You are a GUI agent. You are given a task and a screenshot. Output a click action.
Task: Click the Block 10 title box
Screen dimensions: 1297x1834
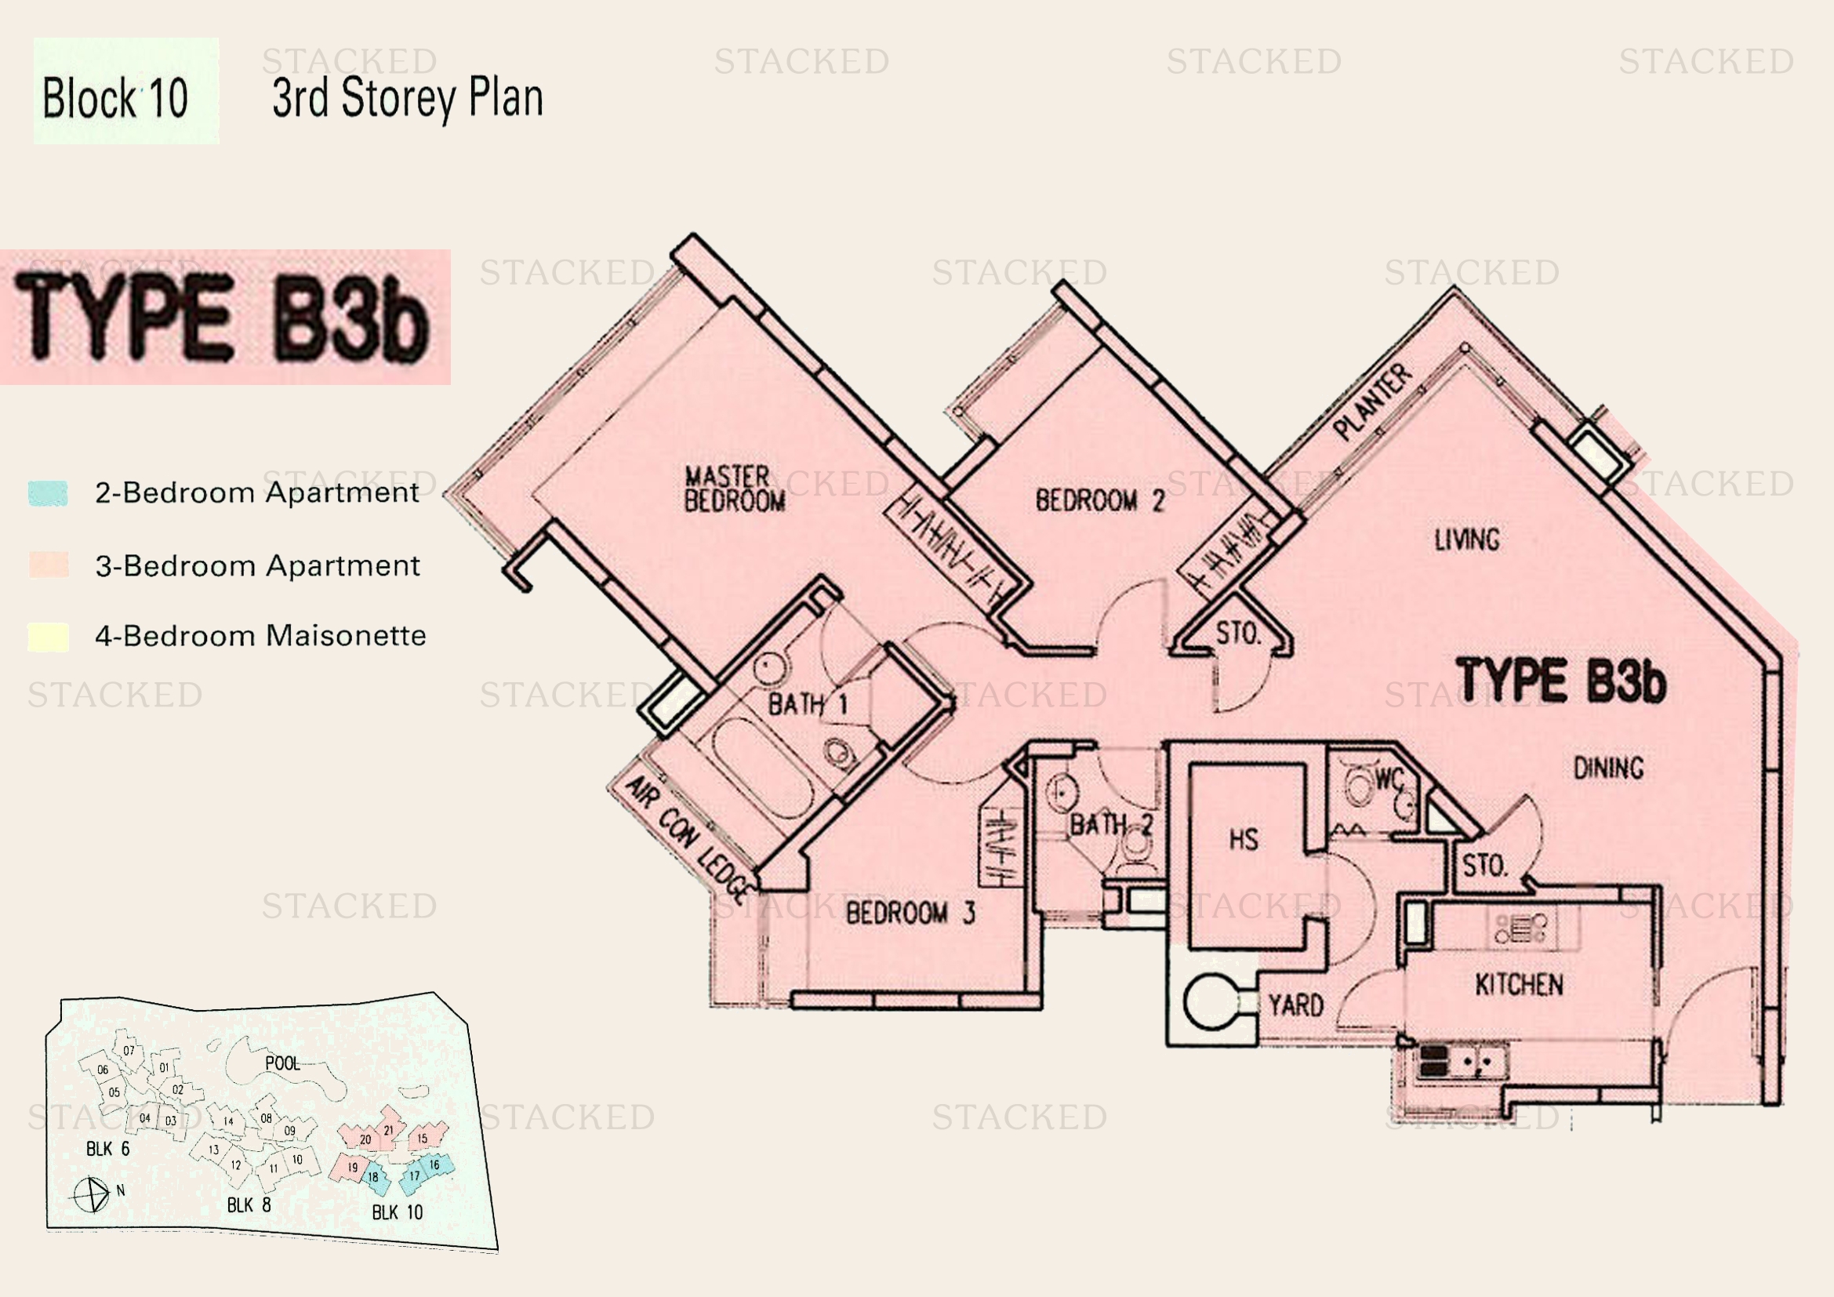pos(125,90)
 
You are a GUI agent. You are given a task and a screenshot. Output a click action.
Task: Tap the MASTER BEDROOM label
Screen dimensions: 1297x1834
pos(734,488)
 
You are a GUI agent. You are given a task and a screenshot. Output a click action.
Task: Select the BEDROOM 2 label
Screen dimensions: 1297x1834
pos(1099,500)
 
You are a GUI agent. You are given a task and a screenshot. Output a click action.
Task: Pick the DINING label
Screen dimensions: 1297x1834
pos(1608,768)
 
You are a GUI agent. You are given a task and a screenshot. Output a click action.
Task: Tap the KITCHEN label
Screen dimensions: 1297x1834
pos(1519,985)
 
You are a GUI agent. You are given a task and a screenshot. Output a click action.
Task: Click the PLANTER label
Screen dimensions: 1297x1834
pos(1372,401)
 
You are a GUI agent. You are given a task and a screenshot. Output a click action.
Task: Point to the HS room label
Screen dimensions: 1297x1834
pos(1243,838)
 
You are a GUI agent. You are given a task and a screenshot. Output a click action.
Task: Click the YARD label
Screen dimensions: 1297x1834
pos(1295,1005)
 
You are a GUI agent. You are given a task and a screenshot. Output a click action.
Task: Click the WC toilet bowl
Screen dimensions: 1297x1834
pos(1359,786)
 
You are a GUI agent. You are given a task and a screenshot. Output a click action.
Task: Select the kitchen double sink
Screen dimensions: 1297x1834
pos(1476,1062)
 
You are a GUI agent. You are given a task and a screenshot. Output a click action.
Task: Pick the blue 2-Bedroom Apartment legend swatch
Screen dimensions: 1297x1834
pos(48,492)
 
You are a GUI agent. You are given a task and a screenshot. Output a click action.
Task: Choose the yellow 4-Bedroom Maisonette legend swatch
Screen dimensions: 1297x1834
pos(48,637)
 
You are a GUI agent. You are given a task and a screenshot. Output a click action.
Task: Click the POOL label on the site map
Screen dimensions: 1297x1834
pos(282,1063)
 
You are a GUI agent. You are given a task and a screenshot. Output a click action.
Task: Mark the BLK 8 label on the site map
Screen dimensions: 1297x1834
pos(249,1204)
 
